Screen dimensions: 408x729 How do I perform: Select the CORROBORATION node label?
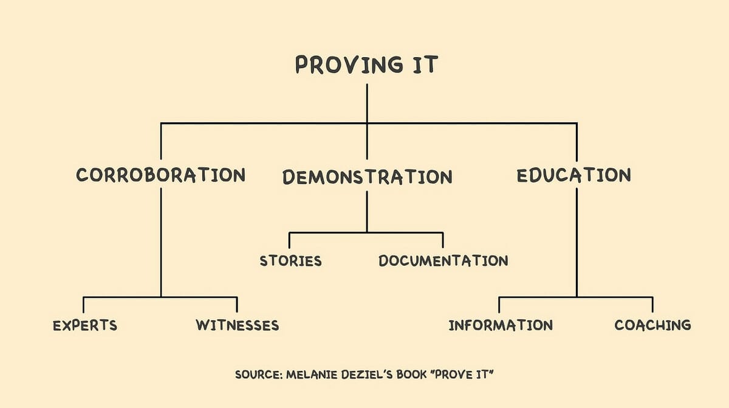(161, 175)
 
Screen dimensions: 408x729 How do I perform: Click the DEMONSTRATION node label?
(367, 177)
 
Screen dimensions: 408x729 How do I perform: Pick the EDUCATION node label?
(573, 175)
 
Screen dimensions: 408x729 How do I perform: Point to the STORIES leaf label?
(290, 261)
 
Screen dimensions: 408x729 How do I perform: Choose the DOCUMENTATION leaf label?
(443, 261)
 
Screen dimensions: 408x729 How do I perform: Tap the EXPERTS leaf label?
(84, 325)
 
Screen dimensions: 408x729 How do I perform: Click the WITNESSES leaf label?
(237, 325)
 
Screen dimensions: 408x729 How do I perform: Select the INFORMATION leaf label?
(501, 325)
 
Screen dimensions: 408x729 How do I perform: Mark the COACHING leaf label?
(652, 325)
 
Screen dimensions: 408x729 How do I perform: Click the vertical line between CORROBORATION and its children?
(161, 243)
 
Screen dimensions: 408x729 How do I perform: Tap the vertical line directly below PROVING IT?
(367, 103)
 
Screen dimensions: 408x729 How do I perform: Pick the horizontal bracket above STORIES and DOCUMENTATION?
(366, 232)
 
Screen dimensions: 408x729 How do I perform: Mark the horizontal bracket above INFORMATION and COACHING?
(576, 297)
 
